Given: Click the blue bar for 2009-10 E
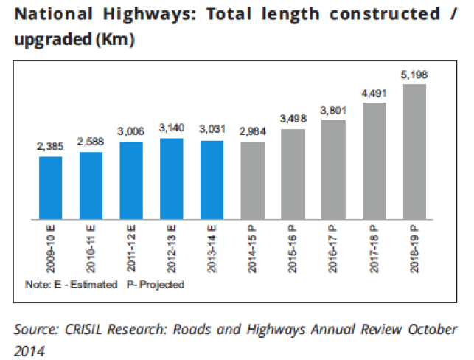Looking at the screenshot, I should (x=51, y=187).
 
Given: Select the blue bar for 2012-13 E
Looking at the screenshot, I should (x=172, y=179).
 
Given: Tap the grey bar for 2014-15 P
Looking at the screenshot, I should (x=252, y=180).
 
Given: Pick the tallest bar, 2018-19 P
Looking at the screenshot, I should (x=415, y=151).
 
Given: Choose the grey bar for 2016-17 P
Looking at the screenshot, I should (x=334, y=169).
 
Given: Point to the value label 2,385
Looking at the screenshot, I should (x=51, y=147).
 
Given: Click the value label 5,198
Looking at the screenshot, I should (x=414, y=75).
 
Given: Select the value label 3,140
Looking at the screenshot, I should (x=172, y=128).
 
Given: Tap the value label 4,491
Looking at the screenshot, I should (x=374, y=93).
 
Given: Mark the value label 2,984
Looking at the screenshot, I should (x=253, y=132).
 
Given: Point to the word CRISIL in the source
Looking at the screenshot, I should (x=85, y=329).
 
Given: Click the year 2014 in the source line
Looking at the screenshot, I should (x=30, y=348).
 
